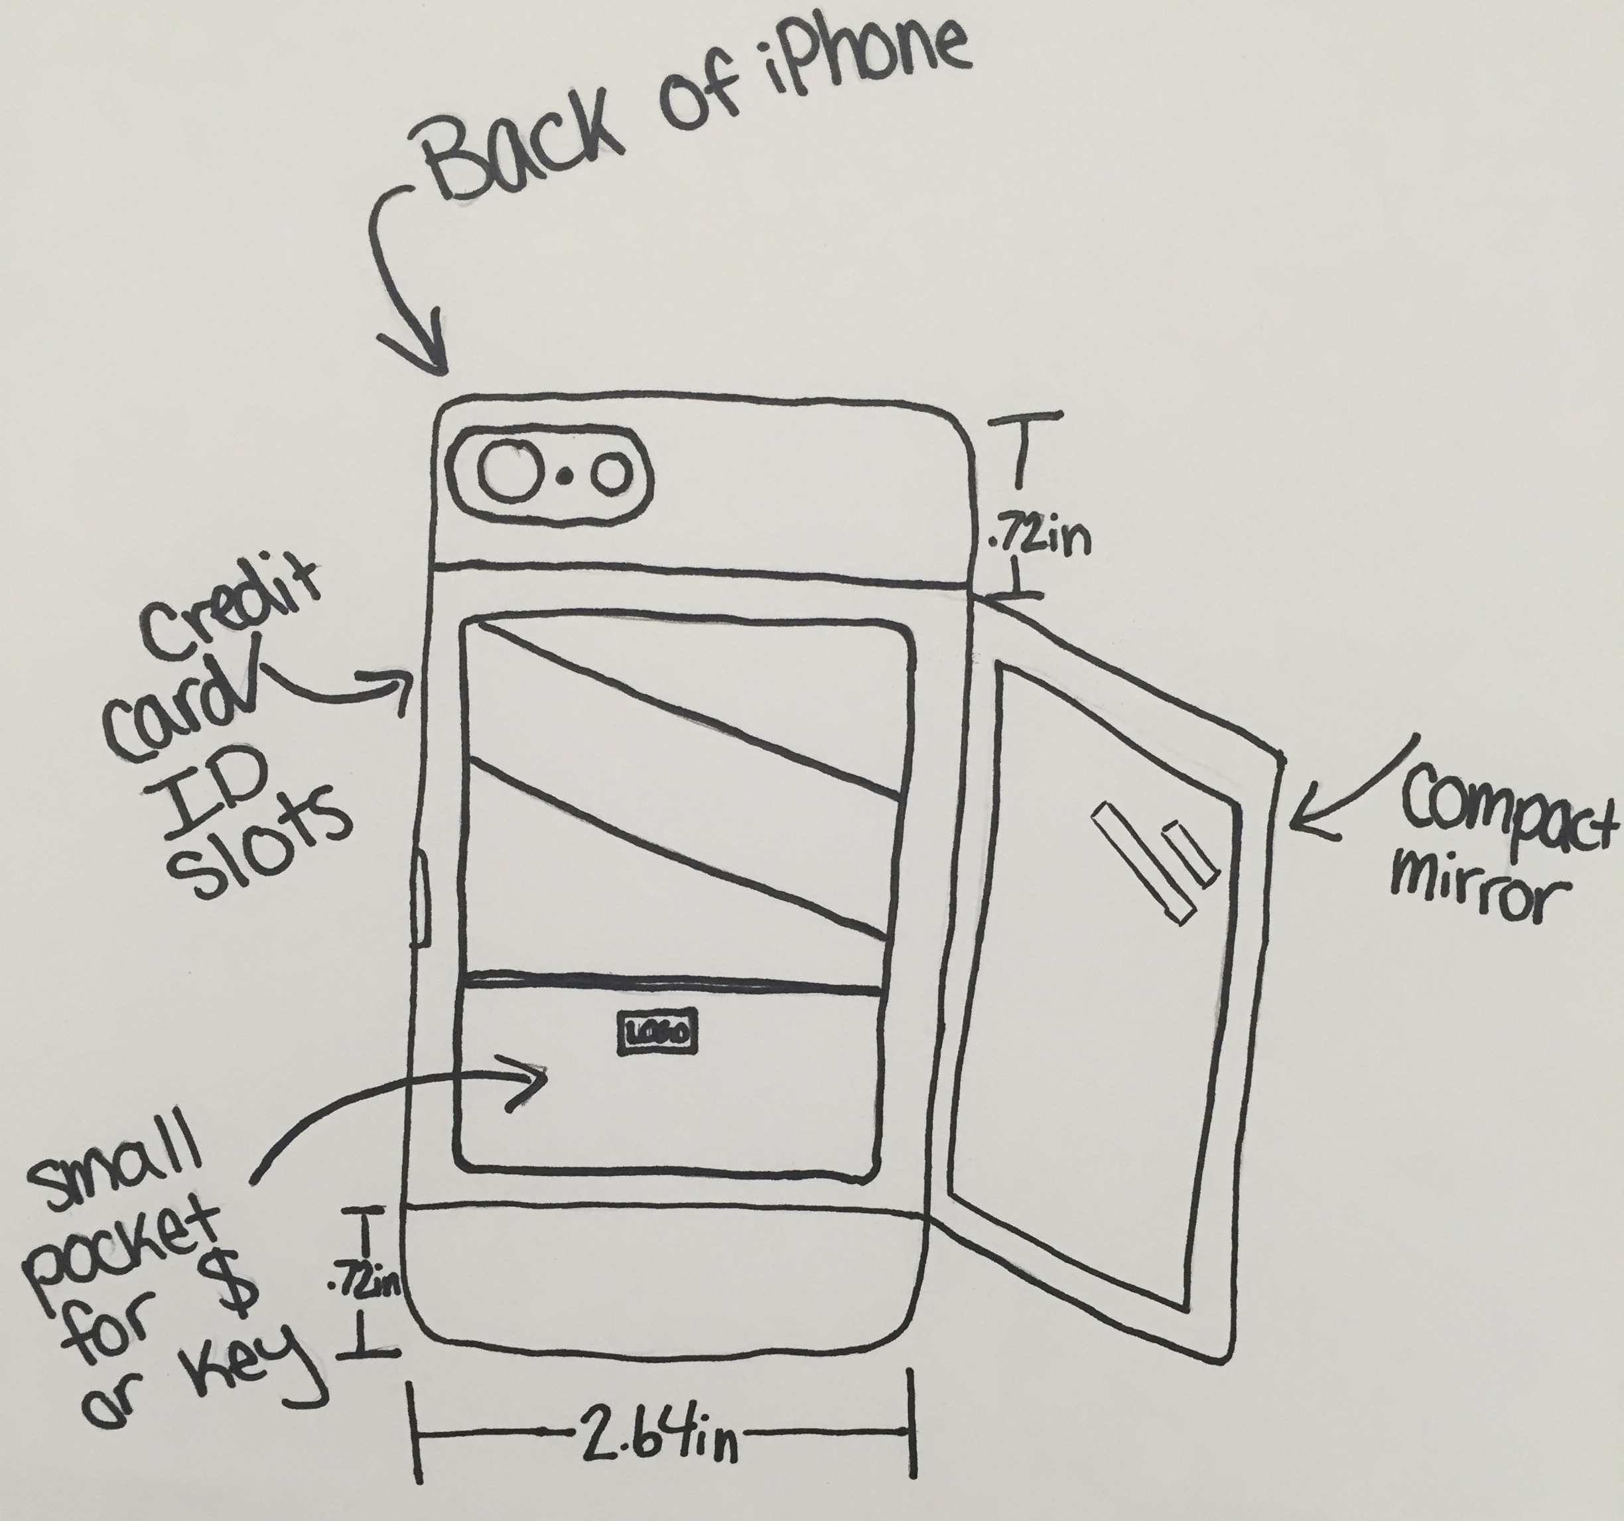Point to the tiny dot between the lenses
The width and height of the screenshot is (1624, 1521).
[x=564, y=476]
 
